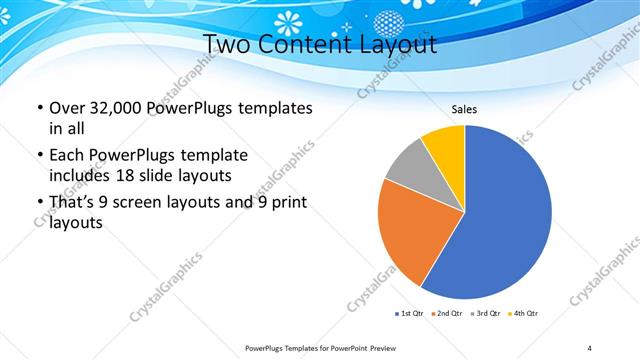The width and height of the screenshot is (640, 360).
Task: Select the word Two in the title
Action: click(x=229, y=44)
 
